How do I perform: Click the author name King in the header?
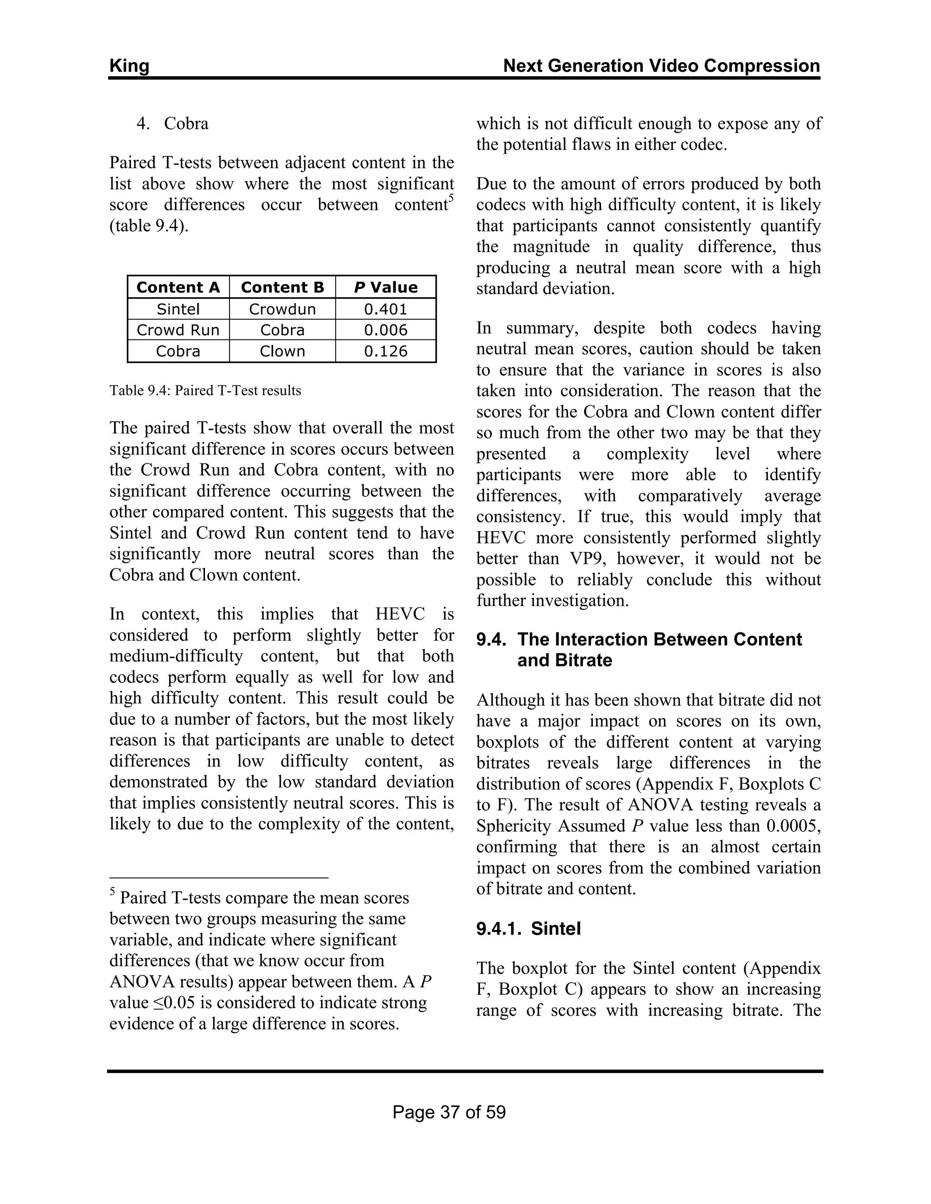pyautogui.click(x=129, y=66)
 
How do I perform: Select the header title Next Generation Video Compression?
pyautogui.click(x=661, y=66)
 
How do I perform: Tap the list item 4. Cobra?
pyautogui.click(x=173, y=124)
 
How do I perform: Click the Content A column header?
pyautogui.click(x=178, y=287)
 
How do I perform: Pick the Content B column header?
pyautogui.click(x=282, y=287)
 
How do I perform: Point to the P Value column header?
pyautogui.click(x=385, y=287)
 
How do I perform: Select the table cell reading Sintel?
pyautogui.click(x=178, y=308)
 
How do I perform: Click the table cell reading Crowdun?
pyautogui.click(x=282, y=308)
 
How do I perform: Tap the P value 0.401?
pyautogui.click(x=385, y=308)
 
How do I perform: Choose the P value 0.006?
pyautogui.click(x=385, y=330)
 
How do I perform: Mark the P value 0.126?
pyautogui.click(x=385, y=351)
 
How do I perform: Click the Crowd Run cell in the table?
pyautogui.click(x=178, y=330)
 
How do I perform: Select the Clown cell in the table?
pyautogui.click(x=282, y=351)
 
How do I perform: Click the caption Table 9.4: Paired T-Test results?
pyautogui.click(x=205, y=391)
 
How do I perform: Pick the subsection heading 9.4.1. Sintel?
pyautogui.click(x=528, y=929)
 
